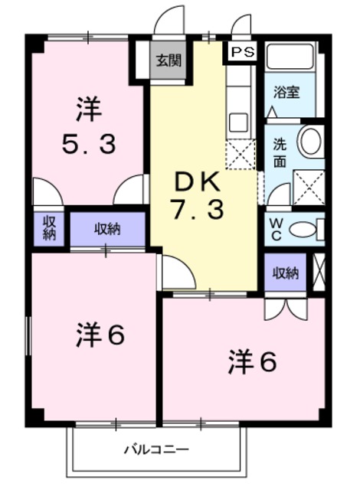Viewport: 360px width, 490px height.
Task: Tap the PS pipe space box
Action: [x=242, y=52]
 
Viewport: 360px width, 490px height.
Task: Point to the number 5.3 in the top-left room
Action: [x=89, y=143]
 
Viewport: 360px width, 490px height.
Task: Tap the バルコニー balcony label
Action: [x=156, y=449]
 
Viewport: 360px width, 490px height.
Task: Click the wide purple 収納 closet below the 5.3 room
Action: [x=108, y=228]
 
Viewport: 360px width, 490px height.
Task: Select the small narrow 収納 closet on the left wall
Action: [x=49, y=228]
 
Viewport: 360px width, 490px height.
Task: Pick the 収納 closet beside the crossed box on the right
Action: [x=286, y=273]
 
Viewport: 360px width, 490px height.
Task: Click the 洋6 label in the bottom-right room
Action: [x=251, y=363]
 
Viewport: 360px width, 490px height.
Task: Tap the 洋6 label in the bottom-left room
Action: [x=100, y=335]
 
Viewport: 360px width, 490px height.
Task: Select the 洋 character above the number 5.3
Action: [x=87, y=109]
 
